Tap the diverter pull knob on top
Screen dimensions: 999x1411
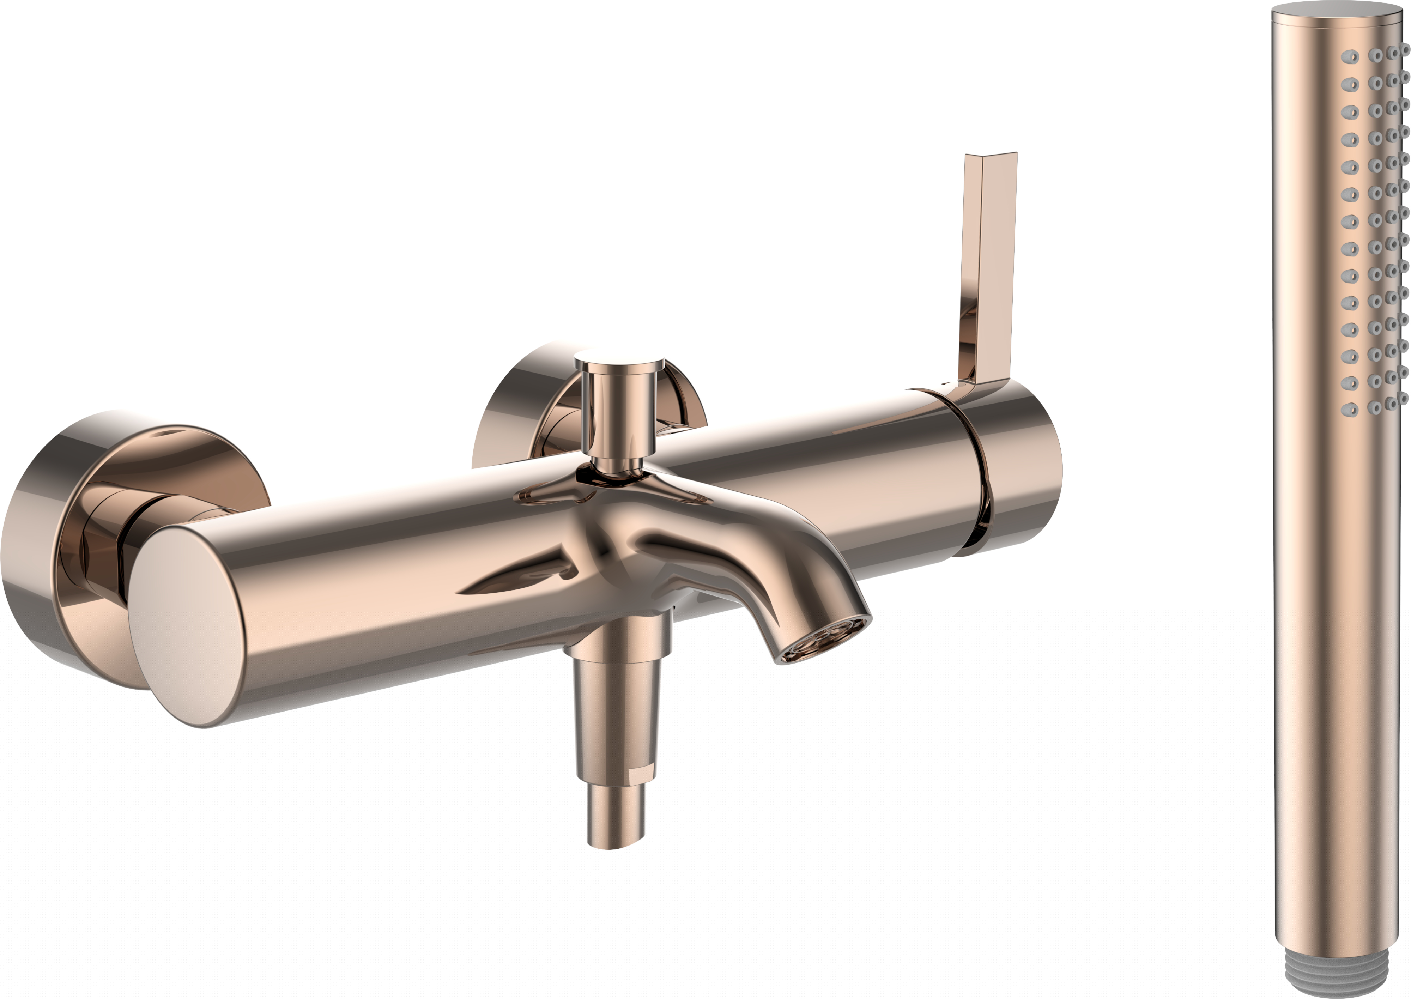pos(619,363)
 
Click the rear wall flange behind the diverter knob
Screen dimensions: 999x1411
pos(523,406)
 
